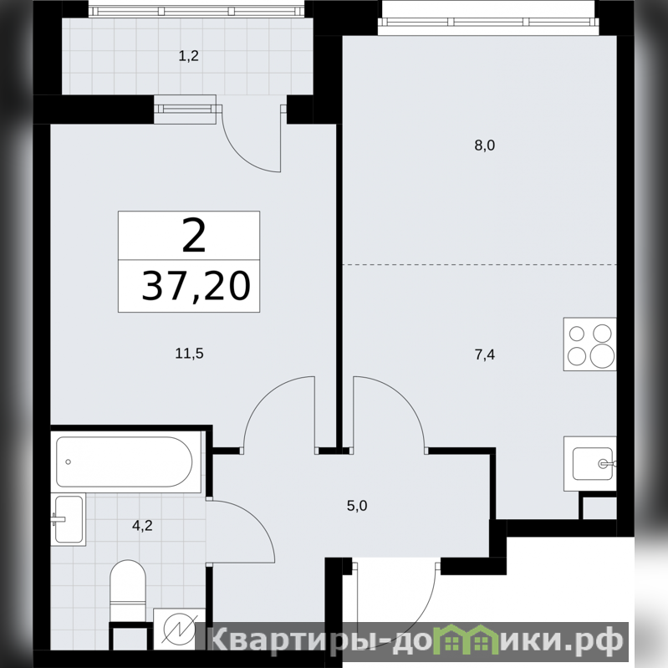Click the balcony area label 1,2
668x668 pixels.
pos(189,56)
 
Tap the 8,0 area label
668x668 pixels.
pos(485,145)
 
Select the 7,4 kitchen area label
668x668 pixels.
pos(485,354)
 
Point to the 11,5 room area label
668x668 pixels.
pos(190,353)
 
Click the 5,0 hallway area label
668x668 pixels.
pos(357,506)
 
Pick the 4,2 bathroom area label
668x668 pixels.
pos(142,526)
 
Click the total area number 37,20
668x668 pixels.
pos(196,286)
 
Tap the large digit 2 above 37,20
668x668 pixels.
pos(194,234)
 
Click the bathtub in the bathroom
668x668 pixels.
pos(125,461)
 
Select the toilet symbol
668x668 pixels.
pos(128,591)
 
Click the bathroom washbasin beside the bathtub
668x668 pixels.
pos(69,519)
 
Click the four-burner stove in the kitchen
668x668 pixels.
pos(590,344)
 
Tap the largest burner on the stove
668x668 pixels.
pos(603,354)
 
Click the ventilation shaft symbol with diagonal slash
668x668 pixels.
pos(180,629)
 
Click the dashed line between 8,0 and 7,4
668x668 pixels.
pos(480,264)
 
